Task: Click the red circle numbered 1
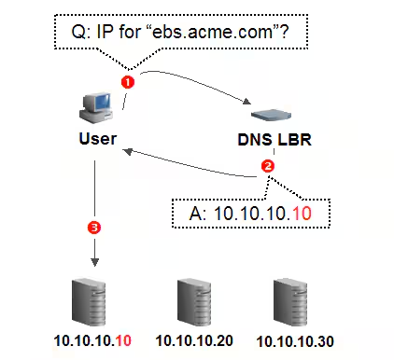coord(128,82)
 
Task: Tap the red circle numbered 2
coord(268,166)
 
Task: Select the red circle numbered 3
coord(94,228)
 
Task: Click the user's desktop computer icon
coord(96,107)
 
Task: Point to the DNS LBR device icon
coord(271,115)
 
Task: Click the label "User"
coord(98,139)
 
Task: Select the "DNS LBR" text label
coord(274,140)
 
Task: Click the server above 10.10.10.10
coord(89,302)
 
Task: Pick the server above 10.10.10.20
coord(194,302)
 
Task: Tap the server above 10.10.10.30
coord(290,302)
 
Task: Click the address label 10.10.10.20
coord(194,340)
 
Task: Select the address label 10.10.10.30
coord(295,341)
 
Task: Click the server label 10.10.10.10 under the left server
coord(92,340)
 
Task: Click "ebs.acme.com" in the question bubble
coord(211,32)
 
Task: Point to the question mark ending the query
coord(284,32)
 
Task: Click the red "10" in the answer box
coord(302,214)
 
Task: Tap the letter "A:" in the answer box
coord(198,214)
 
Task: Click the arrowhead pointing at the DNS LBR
coord(246,102)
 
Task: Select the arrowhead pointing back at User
coord(128,151)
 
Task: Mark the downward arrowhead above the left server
coord(94,262)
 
